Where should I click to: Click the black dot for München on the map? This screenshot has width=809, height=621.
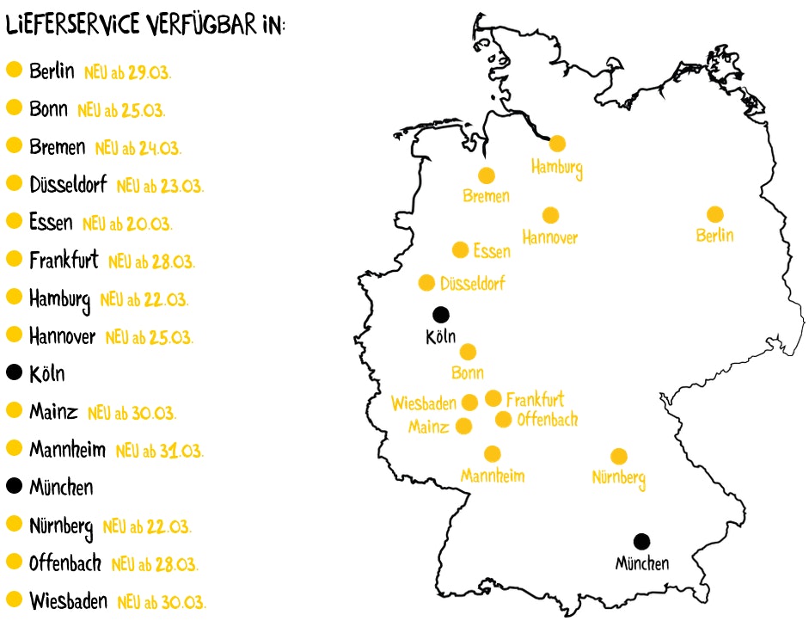click(641, 541)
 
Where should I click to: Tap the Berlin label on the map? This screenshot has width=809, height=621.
click(715, 235)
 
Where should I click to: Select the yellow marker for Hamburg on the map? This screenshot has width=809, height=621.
click(558, 143)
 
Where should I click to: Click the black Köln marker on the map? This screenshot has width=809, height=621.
click(440, 315)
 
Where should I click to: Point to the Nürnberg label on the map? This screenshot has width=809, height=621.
click(619, 477)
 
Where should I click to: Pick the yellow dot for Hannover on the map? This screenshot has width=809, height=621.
click(550, 215)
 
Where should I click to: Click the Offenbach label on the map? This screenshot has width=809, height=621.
click(547, 420)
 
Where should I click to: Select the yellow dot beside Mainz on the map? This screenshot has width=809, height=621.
click(464, 426)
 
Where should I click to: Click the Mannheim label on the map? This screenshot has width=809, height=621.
click(493, 476)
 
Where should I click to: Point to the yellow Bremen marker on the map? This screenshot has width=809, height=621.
click(487, 175)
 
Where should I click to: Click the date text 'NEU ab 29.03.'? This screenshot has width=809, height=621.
click(128, 72)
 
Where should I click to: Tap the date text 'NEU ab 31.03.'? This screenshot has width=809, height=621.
click(159, 451)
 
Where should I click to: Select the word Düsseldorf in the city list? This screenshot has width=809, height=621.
click(68, 185)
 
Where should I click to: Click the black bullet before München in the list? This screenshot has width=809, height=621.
click(14, 487)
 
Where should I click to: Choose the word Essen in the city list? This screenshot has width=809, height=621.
click(51, 223)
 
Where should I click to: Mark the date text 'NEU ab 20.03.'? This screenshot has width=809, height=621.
click(127, 224)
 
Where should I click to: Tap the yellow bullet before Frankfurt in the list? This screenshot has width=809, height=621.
click(14, 259)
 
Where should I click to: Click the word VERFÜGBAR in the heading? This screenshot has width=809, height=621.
click(200, 26)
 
